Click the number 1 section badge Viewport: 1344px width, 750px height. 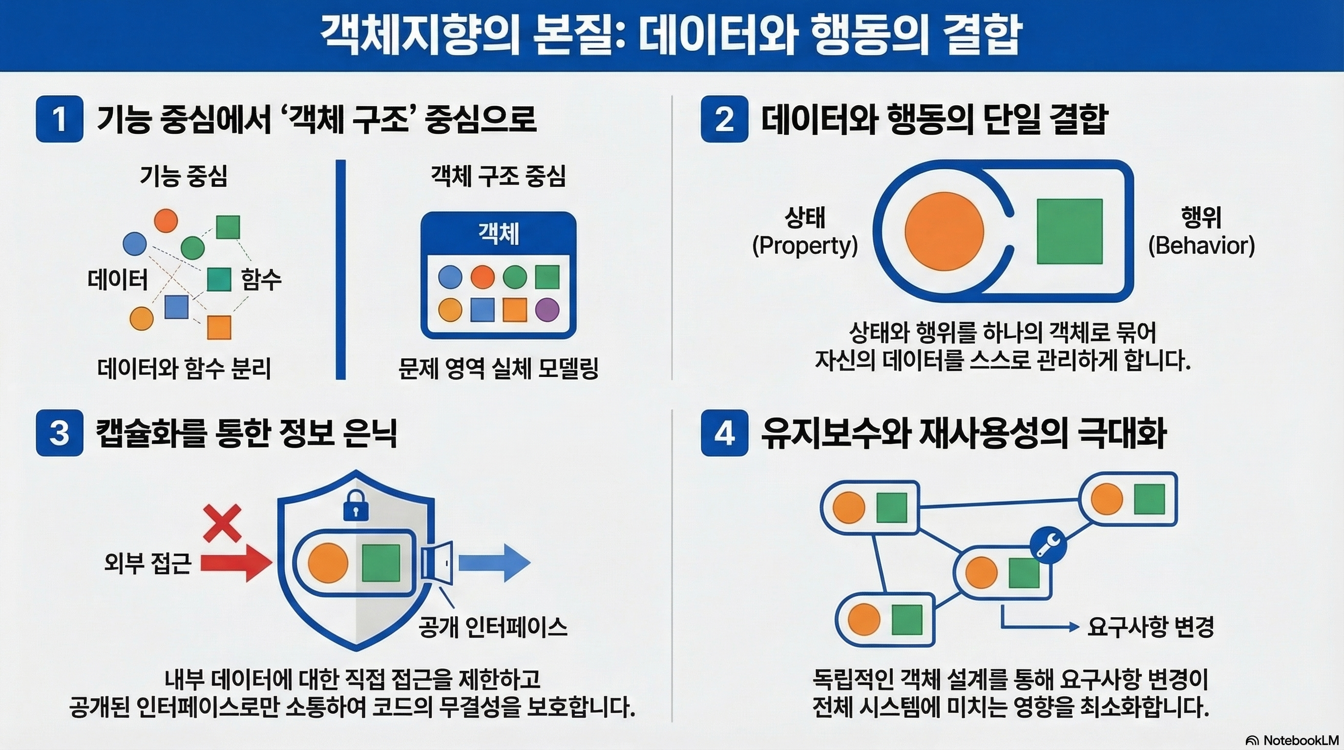tap(60, 119)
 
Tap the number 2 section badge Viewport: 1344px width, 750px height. tap(724, 119)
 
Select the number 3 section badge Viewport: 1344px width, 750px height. tap(60, 433)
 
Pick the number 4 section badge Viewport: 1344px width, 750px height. tap(724, 433)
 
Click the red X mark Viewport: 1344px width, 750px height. tap(222, 522)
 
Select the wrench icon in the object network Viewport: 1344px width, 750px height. tap(1048, 545)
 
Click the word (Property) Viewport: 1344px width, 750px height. tap(804, 246)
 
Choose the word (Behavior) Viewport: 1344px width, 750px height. tap(1201, 246)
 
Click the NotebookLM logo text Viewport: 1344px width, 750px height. tap(1294, 741)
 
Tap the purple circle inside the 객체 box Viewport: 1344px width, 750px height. tap(547, 309)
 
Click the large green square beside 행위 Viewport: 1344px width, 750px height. tap(1070, 231)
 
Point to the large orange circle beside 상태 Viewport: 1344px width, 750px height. tap(944, 231)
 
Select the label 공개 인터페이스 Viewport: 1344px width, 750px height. tap(493, 627)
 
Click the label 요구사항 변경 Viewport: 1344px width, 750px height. tap(1151, 626)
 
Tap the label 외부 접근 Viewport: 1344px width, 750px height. tap(148, 563)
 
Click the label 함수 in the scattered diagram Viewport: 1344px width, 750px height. tap(261, 280)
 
